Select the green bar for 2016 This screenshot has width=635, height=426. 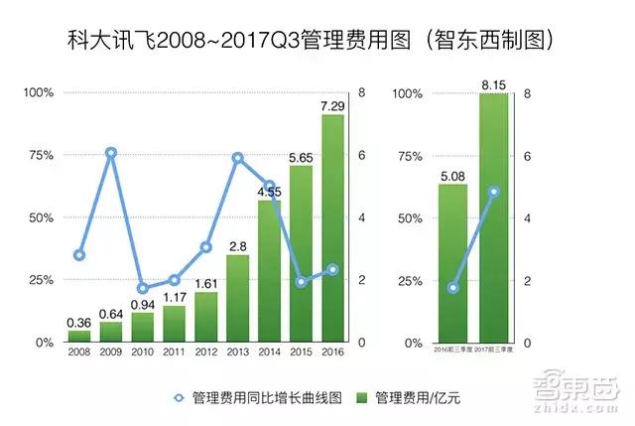coord(332,228)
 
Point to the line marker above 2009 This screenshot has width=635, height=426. coord(111,153)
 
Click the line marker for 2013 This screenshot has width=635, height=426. coord(237,158)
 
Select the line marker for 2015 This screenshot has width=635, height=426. coord(302,281)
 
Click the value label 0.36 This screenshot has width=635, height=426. coord(79,323)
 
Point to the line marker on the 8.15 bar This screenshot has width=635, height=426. coord(493,192)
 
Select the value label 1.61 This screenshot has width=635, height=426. coord(206,283)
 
